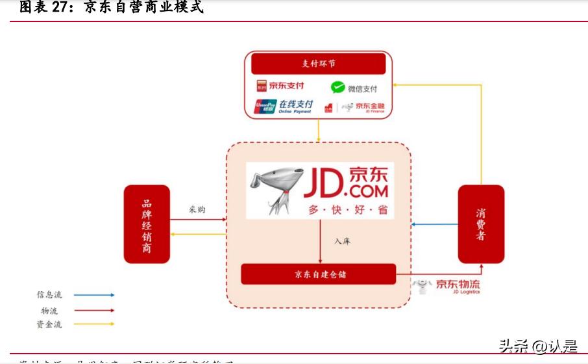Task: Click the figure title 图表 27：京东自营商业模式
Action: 111,8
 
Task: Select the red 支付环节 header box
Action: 318,64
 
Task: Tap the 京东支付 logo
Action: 280,86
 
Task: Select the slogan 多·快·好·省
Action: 347,210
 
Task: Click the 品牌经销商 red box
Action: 147,224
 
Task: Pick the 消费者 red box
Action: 481,224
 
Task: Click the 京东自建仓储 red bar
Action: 318,274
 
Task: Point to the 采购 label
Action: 197,210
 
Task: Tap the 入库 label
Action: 343,242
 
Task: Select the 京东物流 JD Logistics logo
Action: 448,286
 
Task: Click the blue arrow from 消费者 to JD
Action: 435,225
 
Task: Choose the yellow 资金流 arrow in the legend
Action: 94,324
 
